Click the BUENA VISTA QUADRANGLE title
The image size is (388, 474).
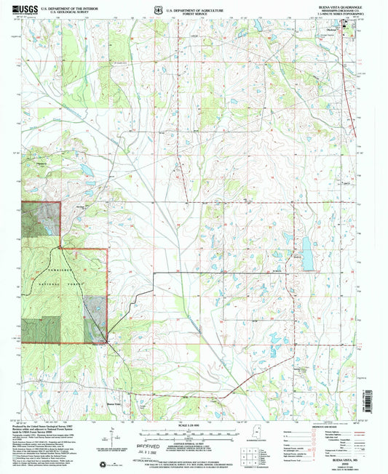(x=338, y=6)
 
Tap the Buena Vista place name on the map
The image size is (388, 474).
(x=111, y=403)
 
